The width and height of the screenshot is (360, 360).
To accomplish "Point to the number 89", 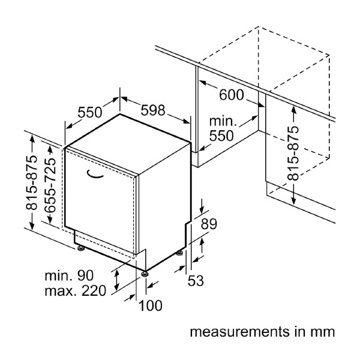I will pyautogui.click(x=208, y=224).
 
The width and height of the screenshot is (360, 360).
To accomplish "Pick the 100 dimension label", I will pyautogui.click(x=150, y=305).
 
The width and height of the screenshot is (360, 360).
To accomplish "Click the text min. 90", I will pyautogui.click(x=70, y=276).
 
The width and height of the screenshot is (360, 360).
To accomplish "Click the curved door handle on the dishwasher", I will pyautogui.click(x=95, y=174).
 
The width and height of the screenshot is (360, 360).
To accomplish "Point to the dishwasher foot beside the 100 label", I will pyautogui.click(x=145, y=274).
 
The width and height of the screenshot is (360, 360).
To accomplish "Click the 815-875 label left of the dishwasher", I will pyautogui.click(x=32, y=183).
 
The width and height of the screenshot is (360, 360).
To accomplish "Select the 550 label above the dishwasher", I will pyautogui.click(x=90, y=112).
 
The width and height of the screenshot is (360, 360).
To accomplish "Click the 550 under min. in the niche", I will pyautogui.click(x=221, y=136).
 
